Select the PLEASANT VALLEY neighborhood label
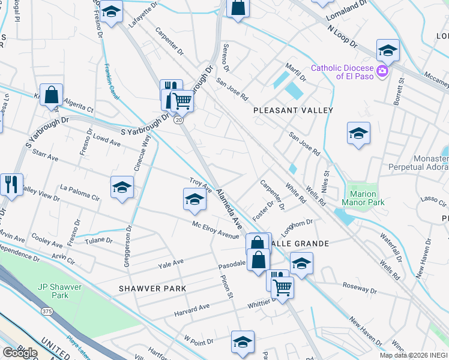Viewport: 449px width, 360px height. [293, 110]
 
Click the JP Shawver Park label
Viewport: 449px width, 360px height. [52, 291]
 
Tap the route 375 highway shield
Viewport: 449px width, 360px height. [47, 311]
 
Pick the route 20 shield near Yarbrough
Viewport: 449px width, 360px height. [179, 121]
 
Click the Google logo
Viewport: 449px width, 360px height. [20, 353]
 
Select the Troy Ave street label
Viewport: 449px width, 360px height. [201, 184]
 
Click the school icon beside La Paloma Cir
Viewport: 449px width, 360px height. [121, 188]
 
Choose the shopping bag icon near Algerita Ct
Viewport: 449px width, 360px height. [52, 95]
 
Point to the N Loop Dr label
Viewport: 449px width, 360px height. [342, 37]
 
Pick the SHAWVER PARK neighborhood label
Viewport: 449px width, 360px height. [152, 289]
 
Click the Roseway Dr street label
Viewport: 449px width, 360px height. [359, 290]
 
